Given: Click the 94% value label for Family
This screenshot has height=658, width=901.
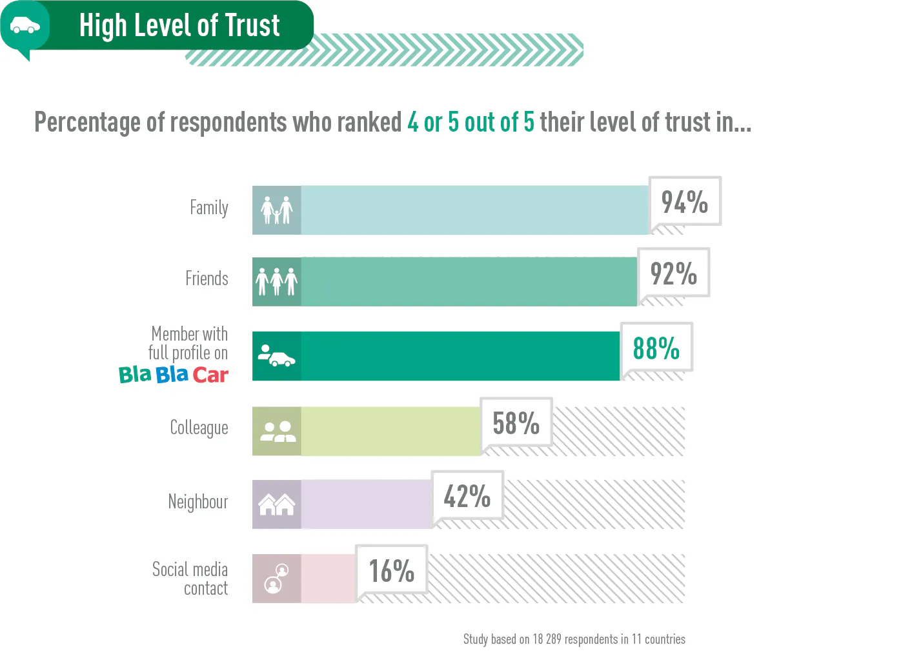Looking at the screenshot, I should tap(684, 202).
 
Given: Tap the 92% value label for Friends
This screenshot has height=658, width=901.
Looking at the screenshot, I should tap(673, 274).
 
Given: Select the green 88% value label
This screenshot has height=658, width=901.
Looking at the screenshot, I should tap(656, 348).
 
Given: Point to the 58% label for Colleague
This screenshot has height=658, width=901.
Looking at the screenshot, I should tap(516, 423).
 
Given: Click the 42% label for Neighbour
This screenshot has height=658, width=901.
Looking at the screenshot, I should tap(467, 496).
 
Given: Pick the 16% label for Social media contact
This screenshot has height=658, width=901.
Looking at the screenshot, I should tap(391, 571).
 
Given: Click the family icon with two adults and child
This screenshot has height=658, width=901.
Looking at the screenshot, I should tap(276, 210).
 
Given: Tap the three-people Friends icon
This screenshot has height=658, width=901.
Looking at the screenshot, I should tap(276, 281).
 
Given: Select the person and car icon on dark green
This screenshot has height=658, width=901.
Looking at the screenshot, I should tap(276, 356).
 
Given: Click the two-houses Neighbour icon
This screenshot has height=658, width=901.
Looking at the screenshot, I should tap(276, 504).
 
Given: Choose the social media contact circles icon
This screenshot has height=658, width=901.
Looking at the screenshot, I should tap(276, 578).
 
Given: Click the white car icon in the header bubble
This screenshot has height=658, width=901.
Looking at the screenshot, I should tap(25, 26).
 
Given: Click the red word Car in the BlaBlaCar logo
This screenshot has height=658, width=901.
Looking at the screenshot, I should tap(210, 375).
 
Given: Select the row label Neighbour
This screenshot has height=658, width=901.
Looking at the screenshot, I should tap(197, 502).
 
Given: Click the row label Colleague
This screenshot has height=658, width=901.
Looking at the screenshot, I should tap(199, 428).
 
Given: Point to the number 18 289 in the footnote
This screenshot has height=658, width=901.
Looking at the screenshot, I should tap(547, 639).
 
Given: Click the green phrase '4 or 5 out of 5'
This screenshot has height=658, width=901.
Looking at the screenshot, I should tap(471, 122).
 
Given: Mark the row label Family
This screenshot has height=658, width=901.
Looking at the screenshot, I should tap(208, 208).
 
